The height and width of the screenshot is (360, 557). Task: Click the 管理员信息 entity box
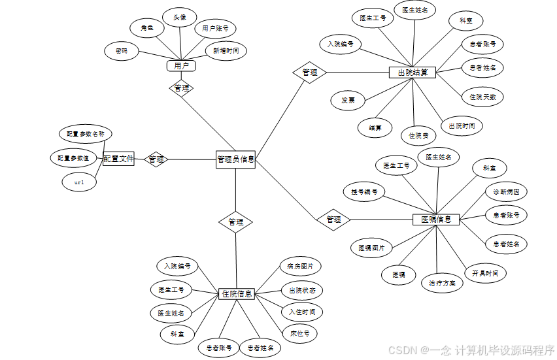tap(235, 159)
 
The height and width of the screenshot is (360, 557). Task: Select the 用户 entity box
tap(181, 66)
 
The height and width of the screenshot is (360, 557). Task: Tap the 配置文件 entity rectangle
tap(118, 158)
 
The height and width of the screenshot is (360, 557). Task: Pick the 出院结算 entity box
tap(413, 73)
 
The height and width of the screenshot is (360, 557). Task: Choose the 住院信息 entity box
tap(236, 294)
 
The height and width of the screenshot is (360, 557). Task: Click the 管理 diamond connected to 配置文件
tap(156, 159)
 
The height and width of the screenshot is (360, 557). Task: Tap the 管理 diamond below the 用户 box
tap(181, 88)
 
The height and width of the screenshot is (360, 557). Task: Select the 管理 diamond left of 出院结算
tap(309, 73)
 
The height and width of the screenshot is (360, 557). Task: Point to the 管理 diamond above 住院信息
tap(235, 222)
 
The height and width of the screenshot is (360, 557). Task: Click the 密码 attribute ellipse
tap(121, 50)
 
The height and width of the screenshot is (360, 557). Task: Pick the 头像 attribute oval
tap(175, 18)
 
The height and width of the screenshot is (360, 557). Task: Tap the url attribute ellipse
tap(79, 183)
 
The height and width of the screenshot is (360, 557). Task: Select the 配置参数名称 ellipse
tap(85, 134)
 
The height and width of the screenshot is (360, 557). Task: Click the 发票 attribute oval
tap(348, 101)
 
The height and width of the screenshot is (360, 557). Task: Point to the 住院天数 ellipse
tap(482, 97)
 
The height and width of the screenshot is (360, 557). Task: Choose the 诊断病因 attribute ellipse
tap(506, 192)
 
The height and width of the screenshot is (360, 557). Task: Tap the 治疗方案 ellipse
tap(442, 283)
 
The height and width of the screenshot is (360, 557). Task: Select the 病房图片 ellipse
tap(300, 267)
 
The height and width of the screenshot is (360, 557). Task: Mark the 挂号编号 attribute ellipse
tap(364, 192)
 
